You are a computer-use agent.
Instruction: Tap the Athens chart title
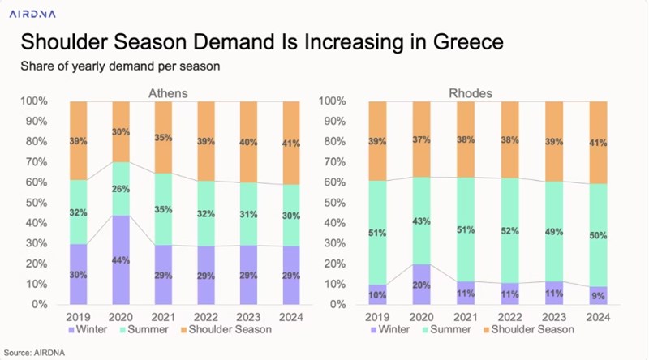pos(168,93)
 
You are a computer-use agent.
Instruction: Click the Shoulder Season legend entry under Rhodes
pos(523,329)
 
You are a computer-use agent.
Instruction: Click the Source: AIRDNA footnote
pos(37,353)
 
